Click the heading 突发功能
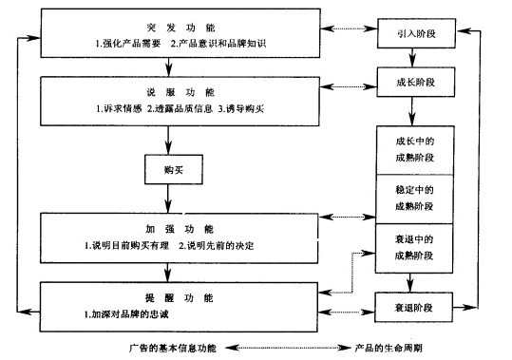point(170,27)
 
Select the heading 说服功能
point(170,93)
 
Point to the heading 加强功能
point(170,230)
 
